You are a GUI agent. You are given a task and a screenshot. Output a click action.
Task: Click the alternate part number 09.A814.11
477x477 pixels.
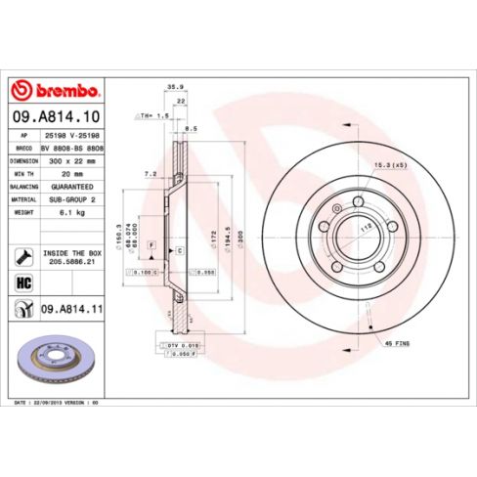tap(73, 307)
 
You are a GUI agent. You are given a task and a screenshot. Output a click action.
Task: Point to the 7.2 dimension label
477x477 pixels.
tap(151, 173)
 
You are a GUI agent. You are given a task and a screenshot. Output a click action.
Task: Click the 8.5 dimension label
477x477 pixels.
tap(191, 127)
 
